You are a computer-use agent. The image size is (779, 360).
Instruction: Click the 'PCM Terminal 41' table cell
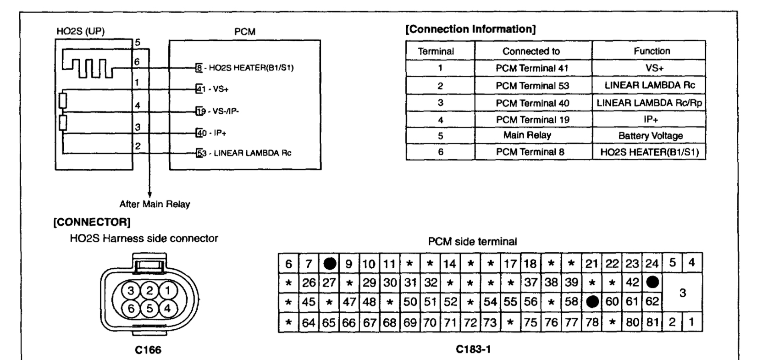tap(532, 68)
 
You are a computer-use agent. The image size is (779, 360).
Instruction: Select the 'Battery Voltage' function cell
tap(650, 136)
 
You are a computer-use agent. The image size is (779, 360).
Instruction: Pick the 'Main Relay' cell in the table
tap(527, 135)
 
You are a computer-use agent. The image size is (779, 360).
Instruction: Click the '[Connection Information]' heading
tap(470, 29)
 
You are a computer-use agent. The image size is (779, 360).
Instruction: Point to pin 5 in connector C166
tap(149, 308)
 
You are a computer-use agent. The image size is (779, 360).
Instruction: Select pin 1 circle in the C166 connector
tap(167, 290)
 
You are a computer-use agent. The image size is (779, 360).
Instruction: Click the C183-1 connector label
tap(473, 349)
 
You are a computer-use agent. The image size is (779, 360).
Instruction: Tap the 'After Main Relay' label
tap(155, 204)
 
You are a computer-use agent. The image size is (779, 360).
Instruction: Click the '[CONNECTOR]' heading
tap(92, 222)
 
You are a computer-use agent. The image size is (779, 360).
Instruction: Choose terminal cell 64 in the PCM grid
tap(309, 322)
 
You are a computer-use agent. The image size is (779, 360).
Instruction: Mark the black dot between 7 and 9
tap(329, 264)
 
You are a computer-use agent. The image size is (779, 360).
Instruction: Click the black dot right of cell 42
tap(652, 282)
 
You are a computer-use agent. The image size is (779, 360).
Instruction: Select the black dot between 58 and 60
tap(592, 302)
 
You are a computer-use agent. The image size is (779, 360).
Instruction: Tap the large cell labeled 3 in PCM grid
tap(682, 293)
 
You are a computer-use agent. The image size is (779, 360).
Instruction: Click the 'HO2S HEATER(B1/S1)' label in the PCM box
tap(251, 68)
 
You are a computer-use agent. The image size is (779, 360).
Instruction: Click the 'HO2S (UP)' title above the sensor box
tap(80, 32)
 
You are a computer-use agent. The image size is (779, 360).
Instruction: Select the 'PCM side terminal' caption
tap(472, 242)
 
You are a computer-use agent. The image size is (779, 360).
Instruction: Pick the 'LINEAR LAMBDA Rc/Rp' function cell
tap(649, 103)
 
